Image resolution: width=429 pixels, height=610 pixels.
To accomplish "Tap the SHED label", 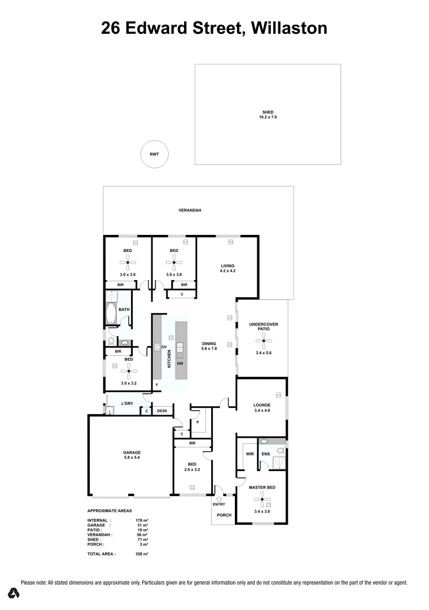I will pos(268,112).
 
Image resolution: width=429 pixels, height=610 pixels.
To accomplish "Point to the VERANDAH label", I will pos(190,210).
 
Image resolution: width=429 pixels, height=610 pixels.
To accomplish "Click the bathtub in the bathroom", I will pos(110,314).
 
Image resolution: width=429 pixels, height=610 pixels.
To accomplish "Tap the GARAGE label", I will pos(132,452).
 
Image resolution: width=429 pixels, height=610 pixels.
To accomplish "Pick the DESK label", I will pos(162,411).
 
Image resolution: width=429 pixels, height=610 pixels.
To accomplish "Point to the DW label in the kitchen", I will pos(180,363).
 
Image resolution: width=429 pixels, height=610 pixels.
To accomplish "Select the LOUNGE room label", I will pos(262,405).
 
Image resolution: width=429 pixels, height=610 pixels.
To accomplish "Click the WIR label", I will pos(248,454).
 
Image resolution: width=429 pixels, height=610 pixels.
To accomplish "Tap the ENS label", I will pos(266,454).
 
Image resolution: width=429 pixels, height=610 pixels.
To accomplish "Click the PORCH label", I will pos(224,515).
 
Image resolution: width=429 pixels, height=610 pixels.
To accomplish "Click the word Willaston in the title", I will pos(289,28).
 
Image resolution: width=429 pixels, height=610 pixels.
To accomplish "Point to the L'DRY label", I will pos(127,403).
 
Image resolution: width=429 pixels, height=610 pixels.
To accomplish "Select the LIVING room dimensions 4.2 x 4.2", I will pos(227,272).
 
